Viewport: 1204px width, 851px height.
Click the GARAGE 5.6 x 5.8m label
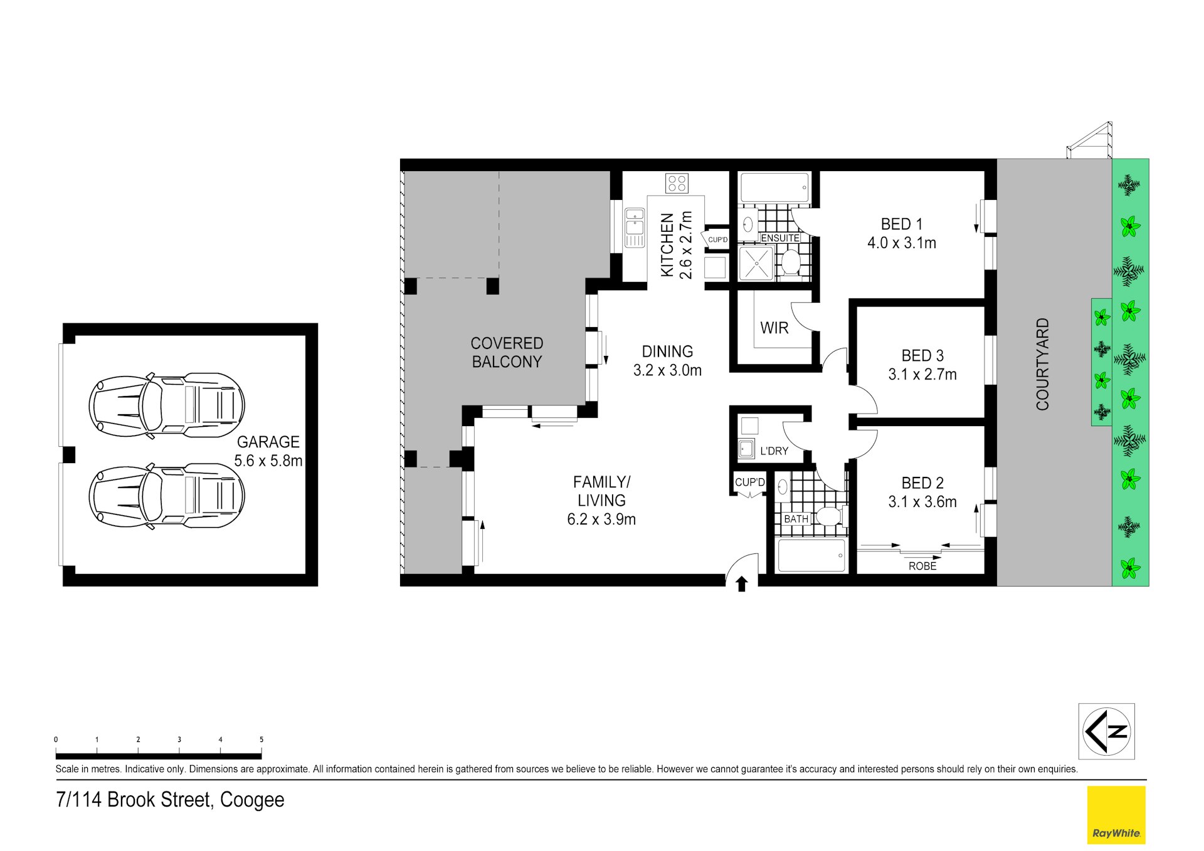(x=268, y=451)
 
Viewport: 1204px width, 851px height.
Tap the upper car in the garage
(x=166, y=406)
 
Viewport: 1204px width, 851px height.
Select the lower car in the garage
(x=166, y=496)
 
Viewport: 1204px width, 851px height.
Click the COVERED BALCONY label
(x=507, y=352)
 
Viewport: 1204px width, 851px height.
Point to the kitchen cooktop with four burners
(x=677, y=183)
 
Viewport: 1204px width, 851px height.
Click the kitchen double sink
(x=635, y=227)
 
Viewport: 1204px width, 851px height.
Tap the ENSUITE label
(x=780, y=238)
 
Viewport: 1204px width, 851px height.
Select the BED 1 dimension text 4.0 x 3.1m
(x=902, y=243)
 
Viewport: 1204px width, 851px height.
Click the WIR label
(x=774, y=328)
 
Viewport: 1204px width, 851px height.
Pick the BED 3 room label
(x=922, y=356)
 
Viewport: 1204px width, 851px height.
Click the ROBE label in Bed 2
(x=922, y=566)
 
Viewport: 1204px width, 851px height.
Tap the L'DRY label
(x=774, y=451)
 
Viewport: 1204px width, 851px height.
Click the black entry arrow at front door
(x=742, y=584)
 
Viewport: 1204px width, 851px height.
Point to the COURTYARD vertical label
(x=1042, y=364)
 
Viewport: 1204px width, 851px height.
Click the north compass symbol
(x=1106, y=731)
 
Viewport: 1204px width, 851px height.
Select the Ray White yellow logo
(x=1116, y=815)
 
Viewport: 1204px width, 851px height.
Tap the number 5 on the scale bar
(x=261, y=740)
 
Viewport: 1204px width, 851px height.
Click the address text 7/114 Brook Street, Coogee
(x=170, y=800)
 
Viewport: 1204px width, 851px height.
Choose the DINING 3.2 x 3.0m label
(x=667, y=361)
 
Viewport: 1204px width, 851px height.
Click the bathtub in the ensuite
(x=775, y=187)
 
